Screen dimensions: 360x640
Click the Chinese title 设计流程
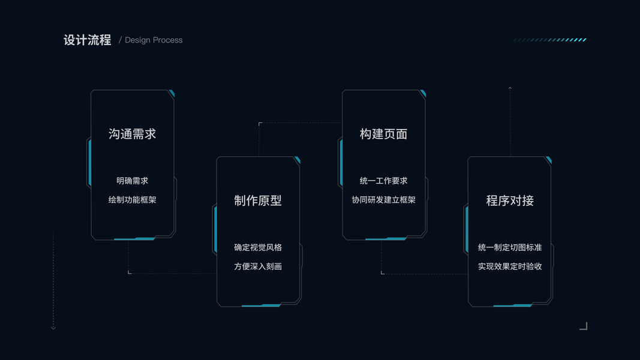coord(88,40)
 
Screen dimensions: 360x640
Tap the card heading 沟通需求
coord(133,134)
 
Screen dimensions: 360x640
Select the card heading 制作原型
coord(258,200)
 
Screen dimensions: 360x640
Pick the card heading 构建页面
coord(384,134)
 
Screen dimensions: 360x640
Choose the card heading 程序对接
coord(510,200)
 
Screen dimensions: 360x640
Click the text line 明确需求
coord(133,181)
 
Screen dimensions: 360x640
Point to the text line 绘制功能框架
coord(133,200)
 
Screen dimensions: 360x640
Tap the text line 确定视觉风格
coord(258,247)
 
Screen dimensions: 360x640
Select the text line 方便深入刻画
coord(258,266)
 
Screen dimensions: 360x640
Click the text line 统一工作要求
coord(384,181)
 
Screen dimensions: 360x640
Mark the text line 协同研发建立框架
coord(384,200)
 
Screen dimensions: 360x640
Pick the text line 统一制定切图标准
coord(510,247)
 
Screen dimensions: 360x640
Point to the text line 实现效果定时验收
coord(510,266)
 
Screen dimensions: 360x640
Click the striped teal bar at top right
coord(550,40)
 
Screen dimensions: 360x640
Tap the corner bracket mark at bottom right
coord(584,326)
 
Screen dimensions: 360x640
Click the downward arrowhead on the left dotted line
coord(53,328)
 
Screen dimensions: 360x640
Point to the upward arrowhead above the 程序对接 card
coord(510,89)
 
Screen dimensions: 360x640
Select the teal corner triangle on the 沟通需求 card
coord(172,94)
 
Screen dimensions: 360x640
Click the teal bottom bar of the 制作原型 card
coord(261,305)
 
